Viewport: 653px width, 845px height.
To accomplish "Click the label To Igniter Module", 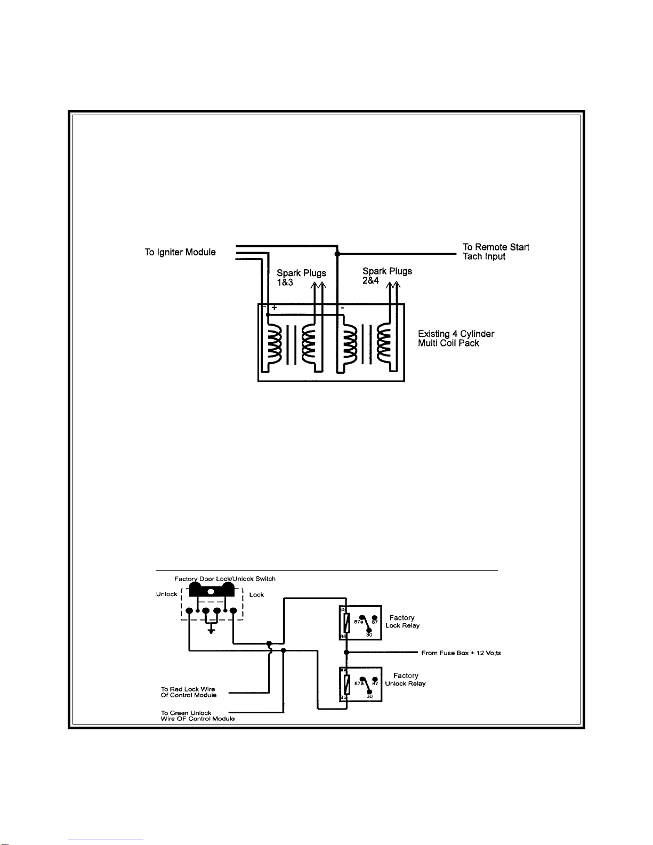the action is (180, 252).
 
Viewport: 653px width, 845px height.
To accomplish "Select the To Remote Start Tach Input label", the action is (495, 252).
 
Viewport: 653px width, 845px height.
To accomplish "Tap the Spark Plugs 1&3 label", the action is (301, 277).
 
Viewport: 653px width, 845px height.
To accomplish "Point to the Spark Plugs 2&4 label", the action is (387, 276).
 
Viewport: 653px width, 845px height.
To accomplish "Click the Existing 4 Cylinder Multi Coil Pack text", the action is (456, 339).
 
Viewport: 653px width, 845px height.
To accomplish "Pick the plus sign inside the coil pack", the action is (274, 308).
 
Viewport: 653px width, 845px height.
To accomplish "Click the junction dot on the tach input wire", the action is (337, 254).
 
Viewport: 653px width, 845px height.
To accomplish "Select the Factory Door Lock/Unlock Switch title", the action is (224, 578).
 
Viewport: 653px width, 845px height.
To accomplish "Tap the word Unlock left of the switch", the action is (166, 594).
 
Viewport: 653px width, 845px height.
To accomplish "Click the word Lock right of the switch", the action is (256, 594).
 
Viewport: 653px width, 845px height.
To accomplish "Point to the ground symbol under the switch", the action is (212, 631).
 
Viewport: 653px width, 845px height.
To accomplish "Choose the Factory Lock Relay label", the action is (402, 622).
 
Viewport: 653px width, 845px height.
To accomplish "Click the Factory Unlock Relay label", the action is (406, 679).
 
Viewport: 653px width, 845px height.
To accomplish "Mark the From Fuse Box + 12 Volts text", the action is (461, 653).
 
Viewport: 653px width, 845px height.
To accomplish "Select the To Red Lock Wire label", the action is (188, 692).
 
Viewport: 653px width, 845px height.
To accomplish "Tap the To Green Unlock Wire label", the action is (197, 715).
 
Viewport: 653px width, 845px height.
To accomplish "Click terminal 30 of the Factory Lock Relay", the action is (369, 631).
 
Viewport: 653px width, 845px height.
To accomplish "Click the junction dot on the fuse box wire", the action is (346, 652).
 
